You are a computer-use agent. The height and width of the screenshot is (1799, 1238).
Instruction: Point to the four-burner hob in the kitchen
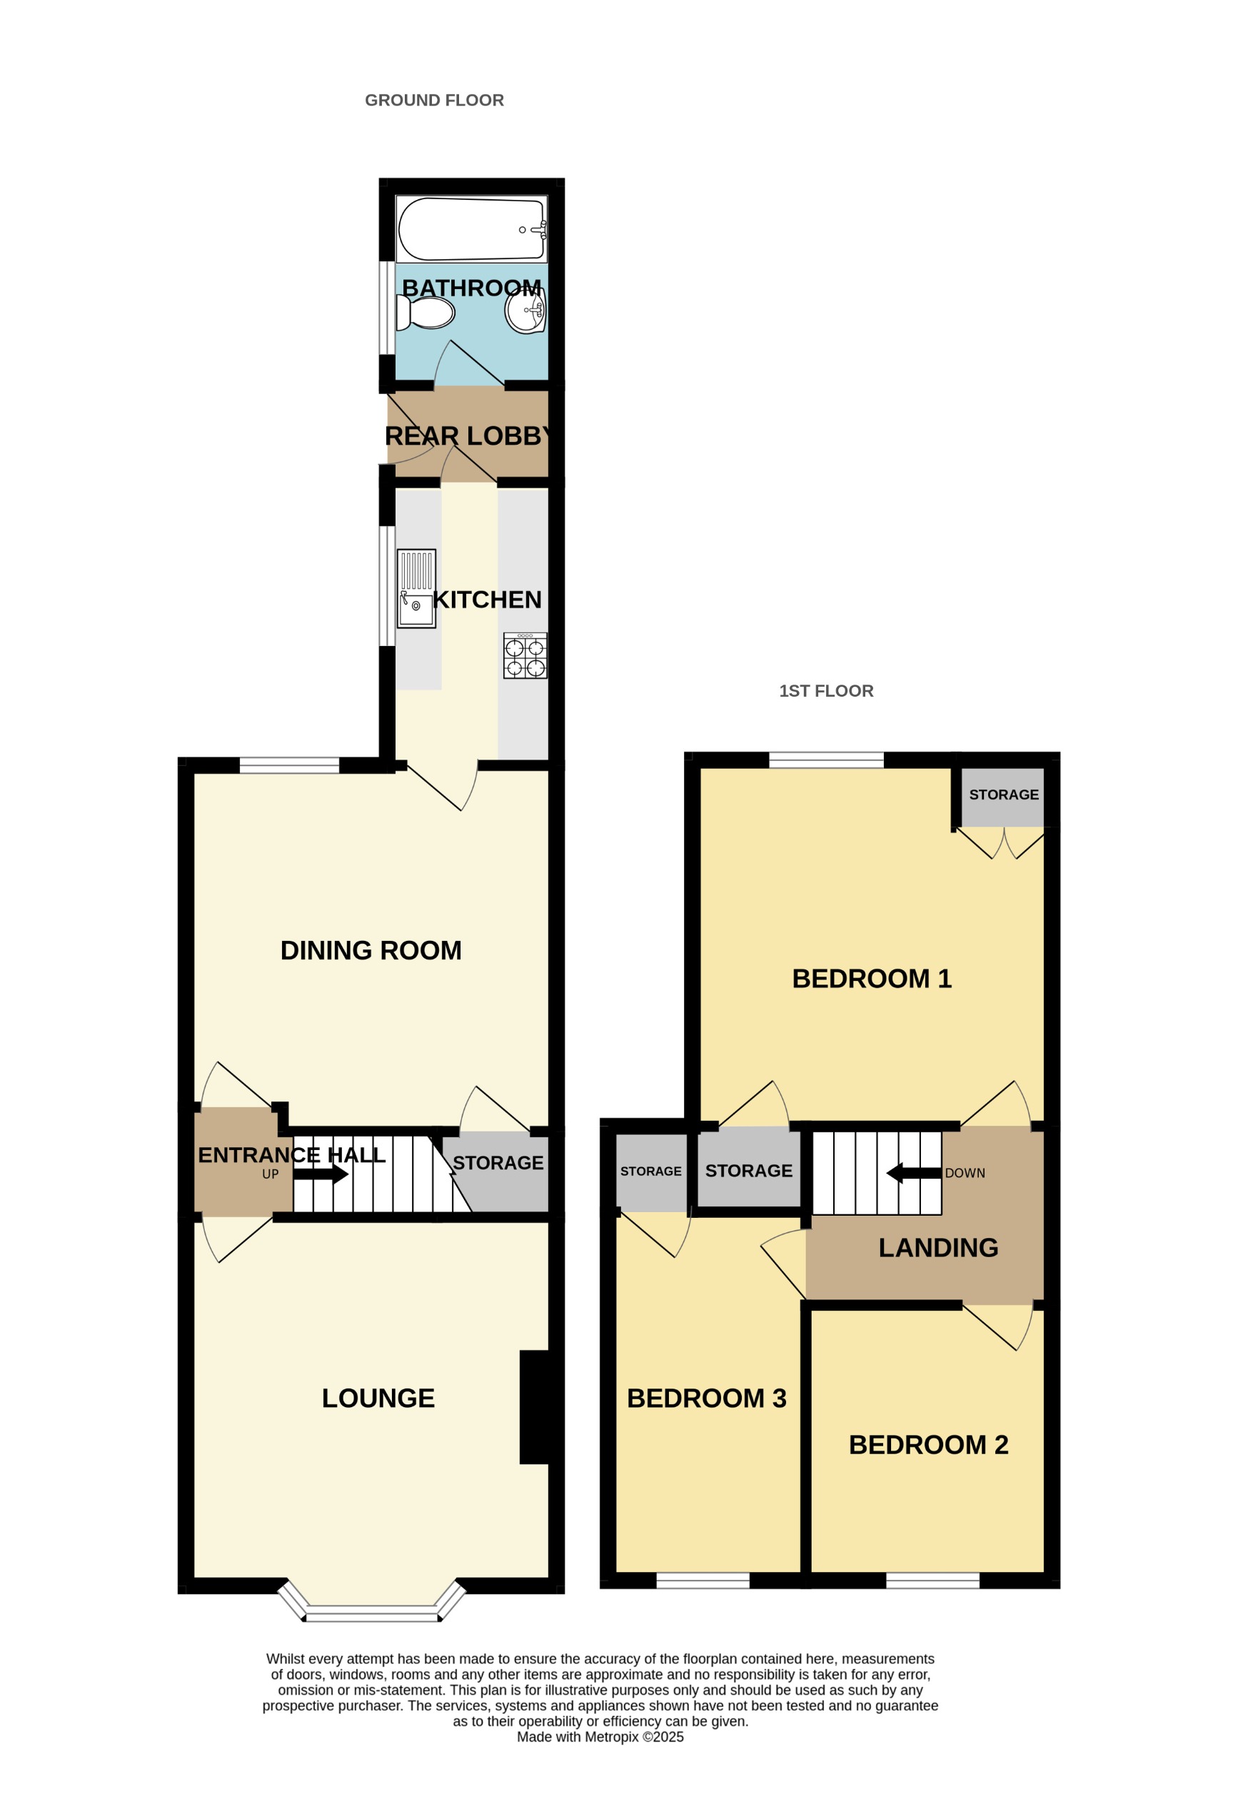525,656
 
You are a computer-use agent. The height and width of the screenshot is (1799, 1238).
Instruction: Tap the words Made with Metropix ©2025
600,1737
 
